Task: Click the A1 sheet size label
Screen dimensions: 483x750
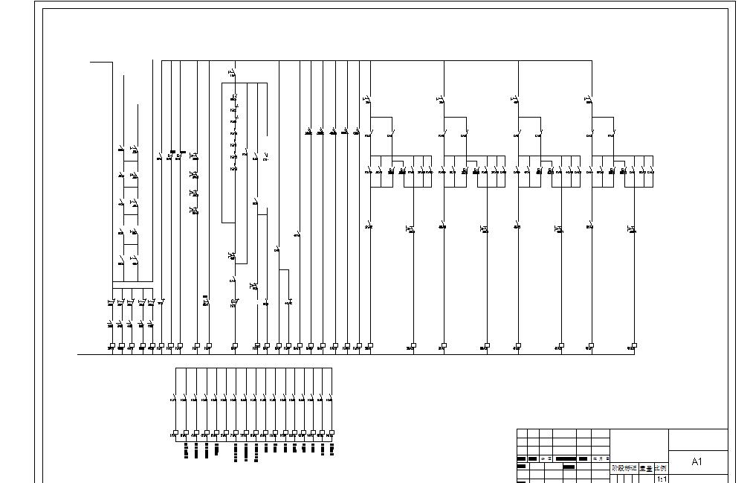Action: point(696,462)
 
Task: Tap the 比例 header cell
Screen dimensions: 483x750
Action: point(660,469)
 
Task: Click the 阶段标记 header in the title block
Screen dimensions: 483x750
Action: point(624,469)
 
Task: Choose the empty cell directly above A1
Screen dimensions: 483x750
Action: point(698,439)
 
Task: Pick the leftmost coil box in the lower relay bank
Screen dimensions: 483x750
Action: point(175,433)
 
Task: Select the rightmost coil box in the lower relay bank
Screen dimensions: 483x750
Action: point(332,433)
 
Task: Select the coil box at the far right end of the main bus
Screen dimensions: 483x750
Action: point(633,345)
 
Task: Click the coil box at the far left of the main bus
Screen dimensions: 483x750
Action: point(111,346)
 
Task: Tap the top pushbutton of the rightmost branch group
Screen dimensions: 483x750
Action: point(589,98)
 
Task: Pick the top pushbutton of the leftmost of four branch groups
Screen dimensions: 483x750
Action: point(367,98)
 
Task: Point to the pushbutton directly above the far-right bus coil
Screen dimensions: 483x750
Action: point(633,228)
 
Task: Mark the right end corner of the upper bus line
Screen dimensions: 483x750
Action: point(592,60)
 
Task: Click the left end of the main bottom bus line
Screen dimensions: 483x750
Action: point(78,355)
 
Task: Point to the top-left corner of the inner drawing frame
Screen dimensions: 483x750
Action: point(42,10)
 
